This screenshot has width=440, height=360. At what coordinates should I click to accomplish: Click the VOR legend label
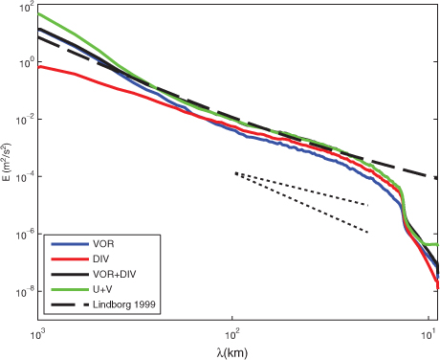point(103,244)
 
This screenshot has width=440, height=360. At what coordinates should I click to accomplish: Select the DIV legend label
point(100,259)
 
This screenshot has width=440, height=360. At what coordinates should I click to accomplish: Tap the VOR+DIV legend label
point(115,274)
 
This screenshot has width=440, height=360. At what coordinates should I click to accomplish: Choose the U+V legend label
point(102,289)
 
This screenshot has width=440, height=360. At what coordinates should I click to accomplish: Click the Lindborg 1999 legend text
point(124,304)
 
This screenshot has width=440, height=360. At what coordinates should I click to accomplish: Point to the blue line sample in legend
point(70,244)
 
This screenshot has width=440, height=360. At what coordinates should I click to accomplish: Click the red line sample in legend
point(70,259)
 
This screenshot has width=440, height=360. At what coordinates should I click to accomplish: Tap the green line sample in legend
point(70,289)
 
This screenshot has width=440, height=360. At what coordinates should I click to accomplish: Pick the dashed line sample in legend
point(70,304)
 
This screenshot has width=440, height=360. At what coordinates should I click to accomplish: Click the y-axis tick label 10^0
point(25,62)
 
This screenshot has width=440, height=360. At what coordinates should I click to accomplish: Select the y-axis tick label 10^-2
point(24,120)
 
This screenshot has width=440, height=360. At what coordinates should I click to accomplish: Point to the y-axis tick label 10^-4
point(24,177)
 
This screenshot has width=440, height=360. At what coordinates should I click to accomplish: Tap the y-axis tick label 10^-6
point(24,235)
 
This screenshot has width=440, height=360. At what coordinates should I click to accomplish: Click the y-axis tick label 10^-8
point(24,292)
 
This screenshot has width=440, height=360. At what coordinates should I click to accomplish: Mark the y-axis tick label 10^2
point(25,8)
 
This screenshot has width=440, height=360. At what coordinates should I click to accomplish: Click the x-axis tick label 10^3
point(38,334)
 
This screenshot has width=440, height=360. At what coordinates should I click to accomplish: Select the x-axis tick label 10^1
point(428,334)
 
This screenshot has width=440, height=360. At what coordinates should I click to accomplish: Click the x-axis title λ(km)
point(232,353)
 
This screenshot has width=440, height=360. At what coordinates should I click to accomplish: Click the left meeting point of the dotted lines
point(236,173)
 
